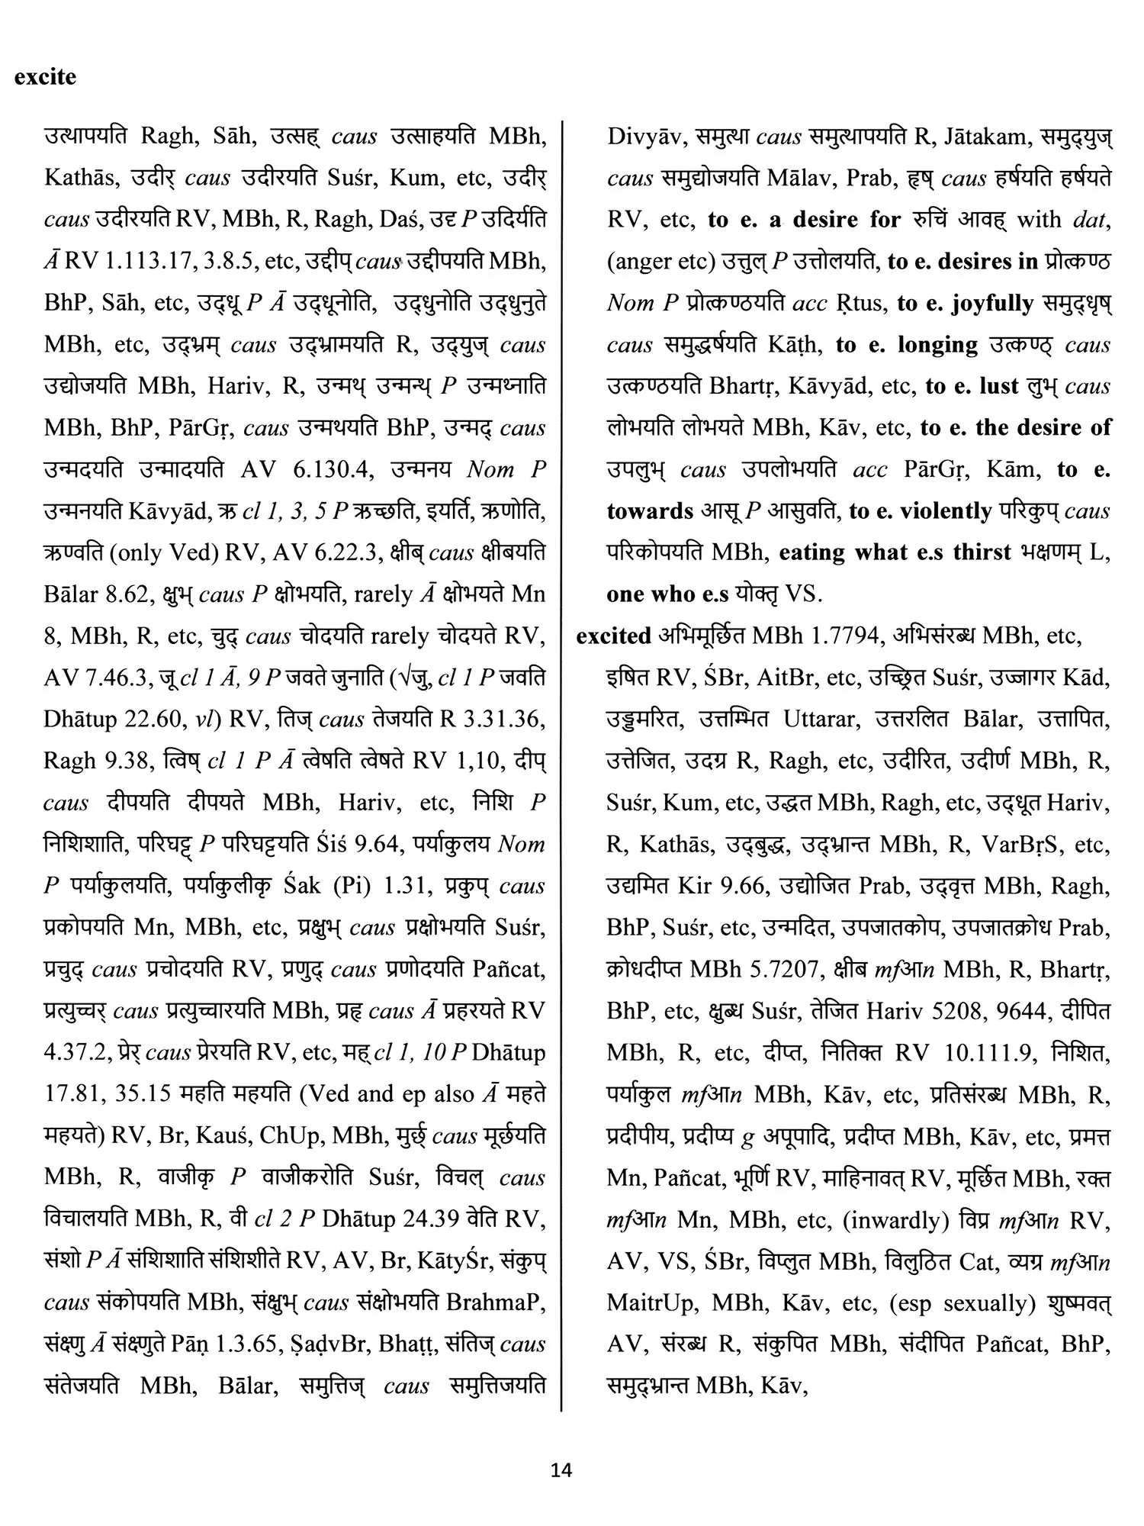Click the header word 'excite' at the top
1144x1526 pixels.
pos(45,77)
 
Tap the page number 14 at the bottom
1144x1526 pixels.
pos(561,1470)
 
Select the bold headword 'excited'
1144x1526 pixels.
pos(613,636)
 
